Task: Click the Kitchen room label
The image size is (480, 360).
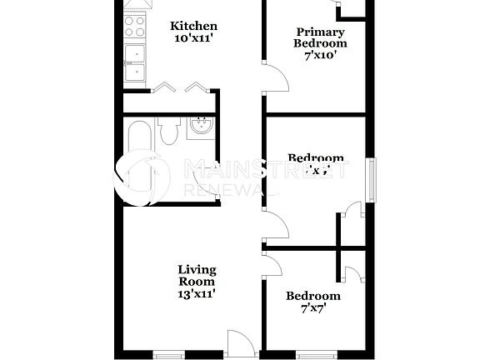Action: coord(193,26)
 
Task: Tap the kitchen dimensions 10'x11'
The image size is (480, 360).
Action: coord(193,39)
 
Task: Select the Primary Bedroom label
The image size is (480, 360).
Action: coord(320,37)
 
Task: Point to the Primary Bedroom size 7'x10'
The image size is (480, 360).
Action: coord(320,56)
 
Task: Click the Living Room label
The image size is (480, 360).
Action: coord(197,275)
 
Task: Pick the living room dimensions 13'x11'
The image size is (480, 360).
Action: coord(197,293)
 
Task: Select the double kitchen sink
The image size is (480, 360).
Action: coord(133,63)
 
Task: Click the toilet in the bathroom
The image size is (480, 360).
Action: coord(169,130)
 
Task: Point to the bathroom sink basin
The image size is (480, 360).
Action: coord(200,127)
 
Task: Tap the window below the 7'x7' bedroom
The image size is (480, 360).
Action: coord(314,355)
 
